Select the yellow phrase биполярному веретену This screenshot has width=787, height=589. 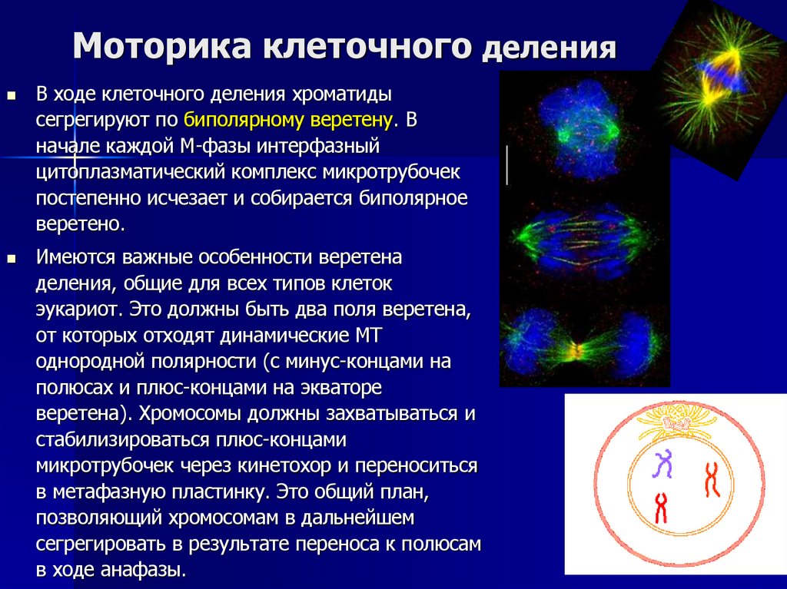(x=288, y=119)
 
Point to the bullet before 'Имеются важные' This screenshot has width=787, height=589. (x=12, y=260)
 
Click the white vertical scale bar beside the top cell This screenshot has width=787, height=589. (x=507, y=164)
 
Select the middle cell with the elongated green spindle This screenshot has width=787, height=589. (x=584, y=238)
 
